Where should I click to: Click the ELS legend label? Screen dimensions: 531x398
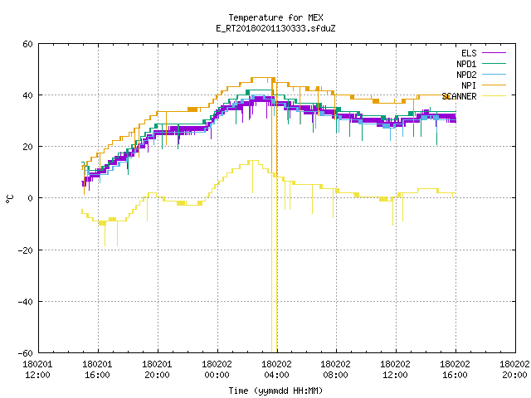(x=469, y=53)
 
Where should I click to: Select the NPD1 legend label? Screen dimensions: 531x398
(x=466, y=64)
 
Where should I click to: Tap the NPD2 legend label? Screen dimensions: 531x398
(x=466, y=75)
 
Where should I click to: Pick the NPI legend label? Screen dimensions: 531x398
(x=469, y=85)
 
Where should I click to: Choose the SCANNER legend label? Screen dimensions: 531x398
(x=459, y=96)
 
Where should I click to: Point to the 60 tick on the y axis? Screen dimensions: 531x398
(x=27, y=44)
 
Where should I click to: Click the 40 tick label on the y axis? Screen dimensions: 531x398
(x=27, y=95)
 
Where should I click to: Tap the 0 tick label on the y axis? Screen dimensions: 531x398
(x=30, y=198)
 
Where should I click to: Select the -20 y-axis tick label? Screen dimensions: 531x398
(x=26, y=250)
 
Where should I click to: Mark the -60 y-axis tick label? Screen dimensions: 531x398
(x=26, y=353)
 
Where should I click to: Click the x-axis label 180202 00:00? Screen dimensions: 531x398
(x=217, y=370)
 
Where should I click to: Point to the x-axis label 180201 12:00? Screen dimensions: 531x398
(x=37, y=370)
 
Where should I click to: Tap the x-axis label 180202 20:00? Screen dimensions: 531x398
(x=514, y=370)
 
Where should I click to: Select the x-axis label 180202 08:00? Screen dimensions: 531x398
(x=335, y=370)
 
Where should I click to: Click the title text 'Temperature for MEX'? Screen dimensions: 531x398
(x=275, y=17)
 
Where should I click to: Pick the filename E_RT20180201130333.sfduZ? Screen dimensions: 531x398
(x=275, y=28)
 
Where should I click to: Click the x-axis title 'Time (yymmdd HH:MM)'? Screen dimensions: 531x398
(x=275, y=391)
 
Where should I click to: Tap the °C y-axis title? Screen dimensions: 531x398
(x=10, y=199)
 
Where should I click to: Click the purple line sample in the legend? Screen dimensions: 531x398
(x=494, y=53)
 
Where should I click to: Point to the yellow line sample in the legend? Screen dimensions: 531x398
(x=494, y=96)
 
